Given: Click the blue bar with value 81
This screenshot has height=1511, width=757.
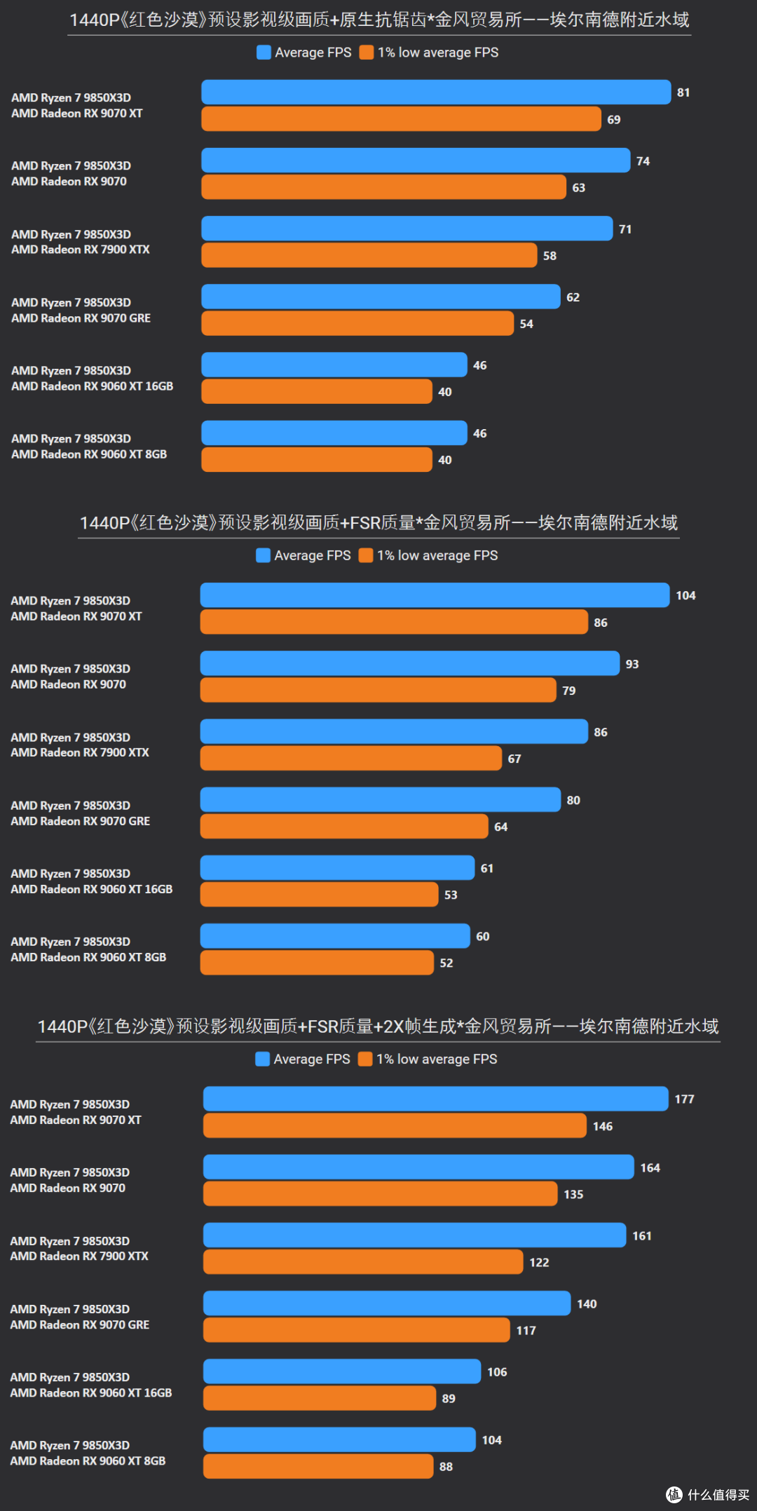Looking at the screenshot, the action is tap(436, 92).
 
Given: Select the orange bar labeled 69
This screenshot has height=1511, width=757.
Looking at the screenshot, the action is tap(401, 119).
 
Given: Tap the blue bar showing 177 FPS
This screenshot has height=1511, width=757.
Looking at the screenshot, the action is tap(436, 1099).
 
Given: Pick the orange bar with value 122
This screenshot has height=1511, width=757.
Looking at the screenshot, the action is tap(363, 1262).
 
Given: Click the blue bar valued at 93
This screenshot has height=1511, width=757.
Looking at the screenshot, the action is tap(410, 663).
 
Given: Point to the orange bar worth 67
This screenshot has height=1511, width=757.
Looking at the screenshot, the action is tap(351, 759).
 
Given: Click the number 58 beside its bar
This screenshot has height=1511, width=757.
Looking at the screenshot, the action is tap(550, 256).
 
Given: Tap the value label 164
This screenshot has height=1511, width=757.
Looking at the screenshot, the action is tap(650, 1167).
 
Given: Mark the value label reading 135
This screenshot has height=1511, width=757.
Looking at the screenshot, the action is tap(573, 1194).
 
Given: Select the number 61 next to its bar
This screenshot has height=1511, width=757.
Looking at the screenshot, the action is tap(487, 868).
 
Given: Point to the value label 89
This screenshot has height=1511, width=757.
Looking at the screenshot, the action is tap(449, 1398).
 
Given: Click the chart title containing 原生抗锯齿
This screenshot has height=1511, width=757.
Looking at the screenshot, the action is tap(379, 20).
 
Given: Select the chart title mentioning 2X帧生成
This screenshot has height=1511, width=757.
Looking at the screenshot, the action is tap(378, 1026).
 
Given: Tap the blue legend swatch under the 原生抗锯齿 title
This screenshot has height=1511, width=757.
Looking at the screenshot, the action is tap(264, 53).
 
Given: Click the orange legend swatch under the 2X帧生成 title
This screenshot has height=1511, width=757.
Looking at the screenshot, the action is tap(365, 1059).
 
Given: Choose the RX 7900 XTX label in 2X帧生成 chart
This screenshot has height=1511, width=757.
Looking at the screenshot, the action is tap(79, 1256).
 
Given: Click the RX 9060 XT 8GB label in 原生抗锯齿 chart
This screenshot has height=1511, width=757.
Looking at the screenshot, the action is tap(89, 454).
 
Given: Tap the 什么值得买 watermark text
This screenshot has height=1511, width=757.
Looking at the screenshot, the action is tap(718, 1495).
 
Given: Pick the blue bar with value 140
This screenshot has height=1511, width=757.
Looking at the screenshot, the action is tap(387, 1303).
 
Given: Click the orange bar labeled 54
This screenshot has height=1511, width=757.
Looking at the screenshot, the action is tap(357, 323).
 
